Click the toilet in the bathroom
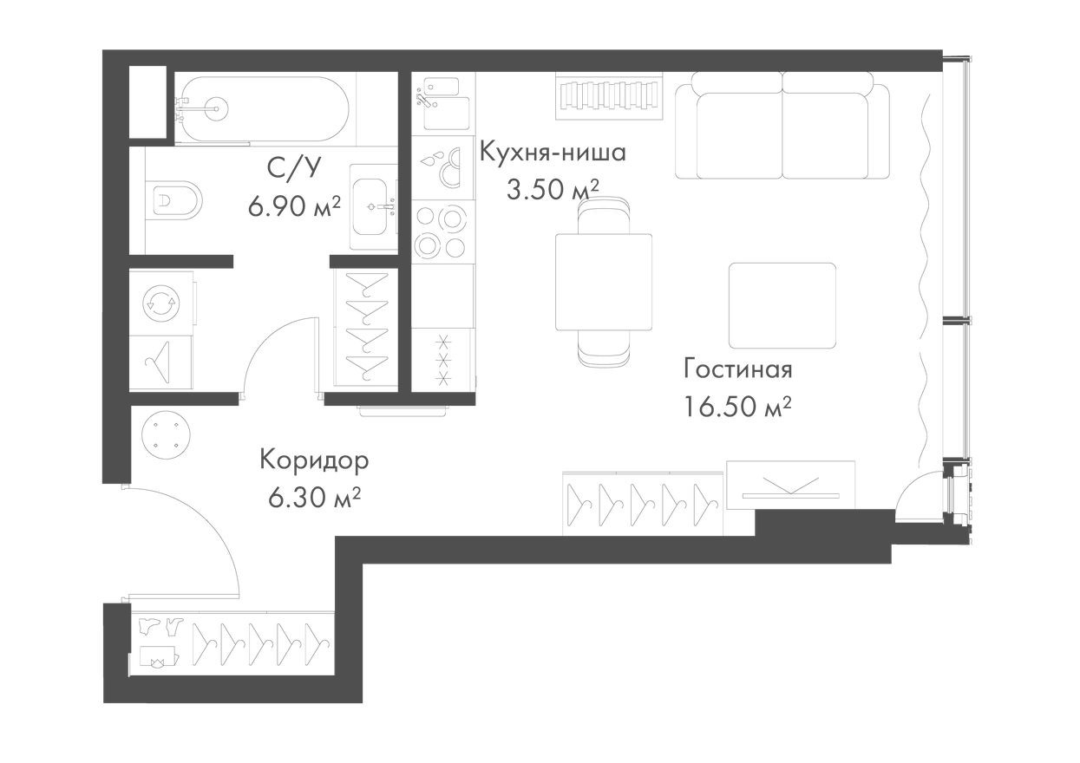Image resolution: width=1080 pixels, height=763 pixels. (173, 200)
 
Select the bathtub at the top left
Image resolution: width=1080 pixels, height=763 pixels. (260, 108)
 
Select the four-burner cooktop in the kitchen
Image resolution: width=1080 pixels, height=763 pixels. (441, 231)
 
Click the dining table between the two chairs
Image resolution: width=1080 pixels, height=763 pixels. (604, 282)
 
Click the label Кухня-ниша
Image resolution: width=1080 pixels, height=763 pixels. (553, 153)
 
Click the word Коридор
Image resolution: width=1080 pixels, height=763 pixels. (314, 460)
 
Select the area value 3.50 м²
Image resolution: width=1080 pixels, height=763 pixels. (553, 190)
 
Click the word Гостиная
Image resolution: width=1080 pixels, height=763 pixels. (737, 368)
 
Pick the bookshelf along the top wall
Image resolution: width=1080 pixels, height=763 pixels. (609, 94)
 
